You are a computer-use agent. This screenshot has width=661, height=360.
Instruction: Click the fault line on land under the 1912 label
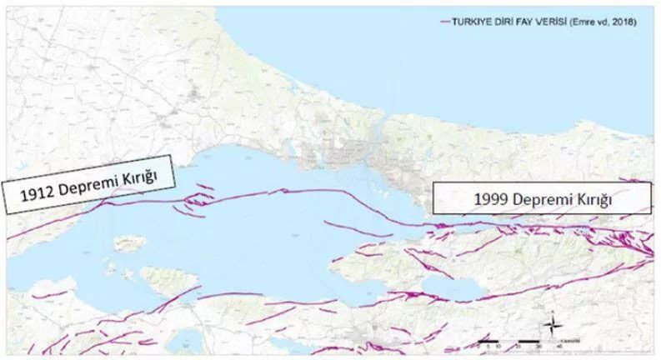coord(67,218)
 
